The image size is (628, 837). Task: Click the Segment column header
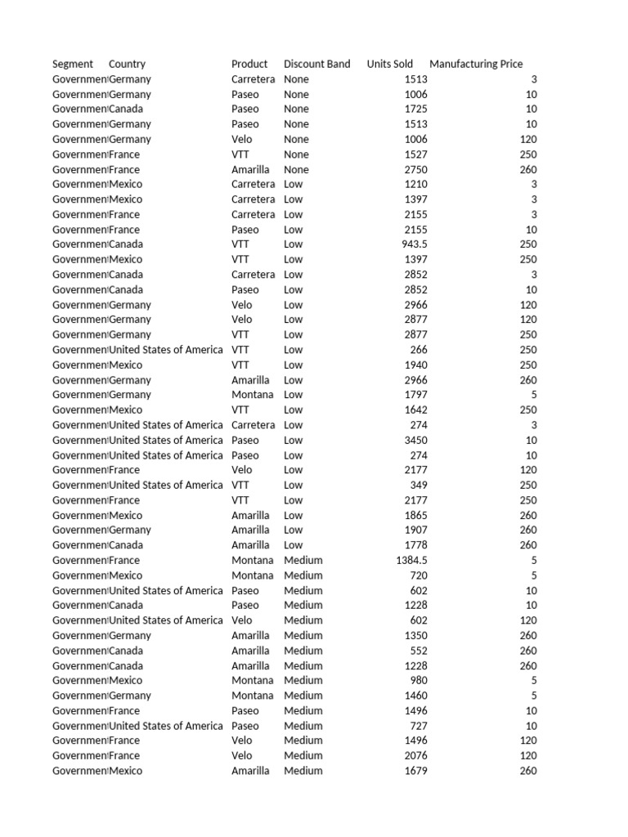pyautogui.click(x=73, y=64)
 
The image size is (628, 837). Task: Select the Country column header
pyautogui.click(x=127, y=64)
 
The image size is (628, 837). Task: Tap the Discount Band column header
pyautogui.click(x=316, y=64)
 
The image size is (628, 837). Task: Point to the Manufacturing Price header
pyautogui.click(x=476, y=64)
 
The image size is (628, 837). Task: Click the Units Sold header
pyautogui.click(x=390, y=64)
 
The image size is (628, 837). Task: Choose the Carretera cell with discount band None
pyautogui.click(x=253, y=79)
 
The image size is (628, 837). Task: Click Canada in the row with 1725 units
pyautogui.click(x=126, y=109)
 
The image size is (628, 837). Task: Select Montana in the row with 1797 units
pyautogui.click(x=252, y=395)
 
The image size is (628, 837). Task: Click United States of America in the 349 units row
pyautogui.click(x=165, y=485)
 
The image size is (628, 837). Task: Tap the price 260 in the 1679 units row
pyautogui.click(x=527, y=771)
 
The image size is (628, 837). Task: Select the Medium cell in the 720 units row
pyautogui.click(x=303, y=575)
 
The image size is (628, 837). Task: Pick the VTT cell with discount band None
pyautogui.click(x=240, y=154)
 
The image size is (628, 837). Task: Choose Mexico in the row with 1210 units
pyautogui.click(x=125, y=184)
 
